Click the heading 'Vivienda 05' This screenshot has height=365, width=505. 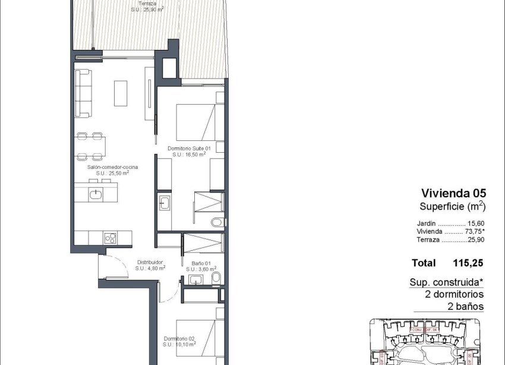click(453, 193)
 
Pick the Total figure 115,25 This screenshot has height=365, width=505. click(468, 263)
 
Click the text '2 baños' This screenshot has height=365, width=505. click(465, 307)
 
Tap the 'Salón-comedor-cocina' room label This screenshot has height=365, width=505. click(113, 168)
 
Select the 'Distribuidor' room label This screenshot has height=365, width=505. click(150, 262)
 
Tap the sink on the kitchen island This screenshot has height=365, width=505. click(96, 193)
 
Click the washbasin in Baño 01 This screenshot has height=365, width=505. click(195, 279)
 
